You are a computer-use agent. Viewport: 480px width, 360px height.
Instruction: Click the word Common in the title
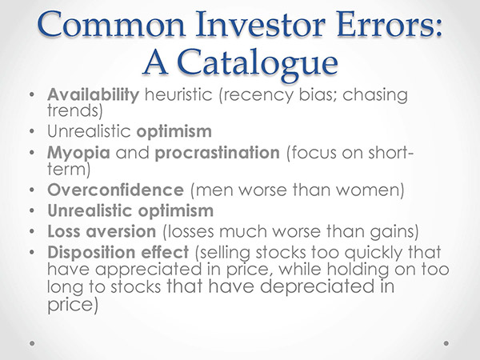(x=112, y=25)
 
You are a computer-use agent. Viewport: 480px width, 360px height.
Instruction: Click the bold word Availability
(x=93, y=94)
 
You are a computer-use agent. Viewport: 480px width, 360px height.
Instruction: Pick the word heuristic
(x=178, y=94)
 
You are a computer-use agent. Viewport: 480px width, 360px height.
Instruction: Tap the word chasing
(x=375, y=95)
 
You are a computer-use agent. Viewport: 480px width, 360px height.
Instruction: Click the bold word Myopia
(x=78, y=154)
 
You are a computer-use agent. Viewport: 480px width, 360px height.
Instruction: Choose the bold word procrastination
(x=218, y=154)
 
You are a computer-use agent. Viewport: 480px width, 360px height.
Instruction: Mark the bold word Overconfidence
(x=116, y=190)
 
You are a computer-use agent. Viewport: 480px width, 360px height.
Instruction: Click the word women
(x=368, y=190)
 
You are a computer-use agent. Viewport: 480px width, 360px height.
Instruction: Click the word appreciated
(x=148, y=270)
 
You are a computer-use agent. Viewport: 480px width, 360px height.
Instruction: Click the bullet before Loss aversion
(x=32, y=232)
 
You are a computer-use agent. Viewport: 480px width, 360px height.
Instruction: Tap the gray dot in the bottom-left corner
(x=32, y=343)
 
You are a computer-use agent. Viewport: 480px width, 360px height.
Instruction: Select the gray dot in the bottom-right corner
(x=446, y=343)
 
